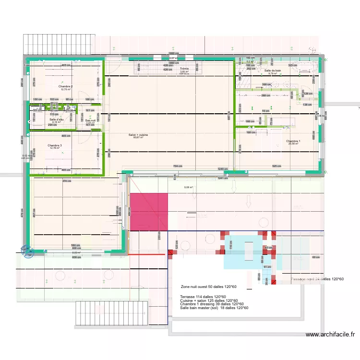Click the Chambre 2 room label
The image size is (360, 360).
(66, 86)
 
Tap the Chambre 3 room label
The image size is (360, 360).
(54, 145)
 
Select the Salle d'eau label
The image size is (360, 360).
(57, 120)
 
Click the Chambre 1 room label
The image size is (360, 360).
(293, 141)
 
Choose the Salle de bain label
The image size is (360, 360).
(272, 71)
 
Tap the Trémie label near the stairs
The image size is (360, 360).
(184, 69)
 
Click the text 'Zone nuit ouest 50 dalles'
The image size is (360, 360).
(209, 287)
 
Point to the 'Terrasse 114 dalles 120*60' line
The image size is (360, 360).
(203, 297)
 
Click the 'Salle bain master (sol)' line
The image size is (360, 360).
(214, 308)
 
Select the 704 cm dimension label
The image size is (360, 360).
(178, 166)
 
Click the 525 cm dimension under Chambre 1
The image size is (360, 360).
(276, 166)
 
